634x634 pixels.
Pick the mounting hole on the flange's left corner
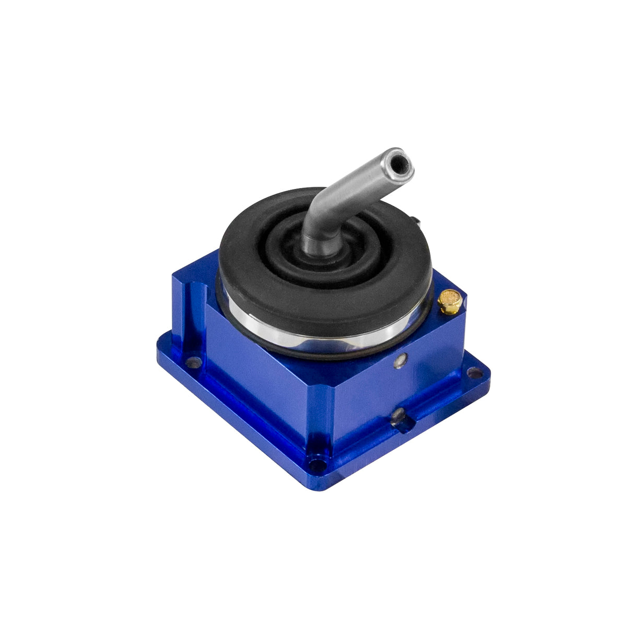(x=194, y=361)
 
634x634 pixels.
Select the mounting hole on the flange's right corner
(x=473, y=373)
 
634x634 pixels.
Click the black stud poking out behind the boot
(x=418, y=222)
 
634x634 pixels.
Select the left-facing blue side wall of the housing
(x=261, y=376)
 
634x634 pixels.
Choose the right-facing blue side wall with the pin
(x=418, y=376)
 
